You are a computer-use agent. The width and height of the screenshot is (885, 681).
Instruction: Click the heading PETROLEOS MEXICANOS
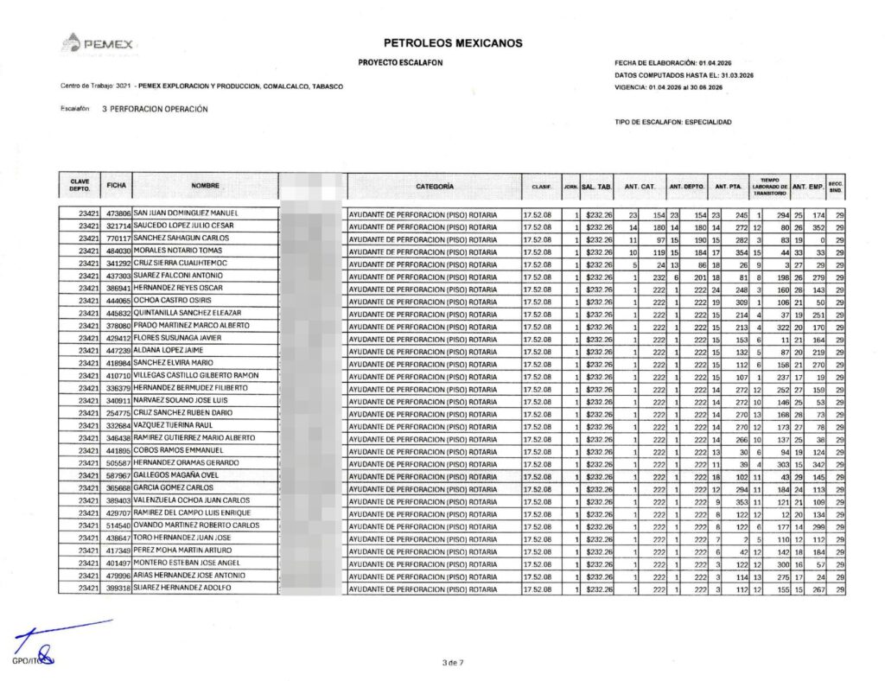[453, 42]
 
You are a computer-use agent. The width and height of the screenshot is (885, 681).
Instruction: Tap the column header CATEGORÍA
[435, 186]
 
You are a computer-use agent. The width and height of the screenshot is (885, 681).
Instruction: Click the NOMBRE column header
[206, 186]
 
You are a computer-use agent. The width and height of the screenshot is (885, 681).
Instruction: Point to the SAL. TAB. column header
[596, 187]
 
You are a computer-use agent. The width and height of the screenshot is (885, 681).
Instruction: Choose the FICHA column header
[117, 186]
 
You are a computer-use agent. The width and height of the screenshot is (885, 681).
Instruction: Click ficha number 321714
[118, 226]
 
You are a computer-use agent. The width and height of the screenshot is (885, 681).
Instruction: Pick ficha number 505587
[118, 463]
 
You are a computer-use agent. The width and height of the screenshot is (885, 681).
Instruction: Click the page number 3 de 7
[453, 662]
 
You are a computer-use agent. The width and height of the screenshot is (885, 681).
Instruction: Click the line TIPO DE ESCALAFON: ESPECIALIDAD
[672, 123]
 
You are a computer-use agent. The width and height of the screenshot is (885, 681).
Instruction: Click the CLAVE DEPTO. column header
[80, 186]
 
